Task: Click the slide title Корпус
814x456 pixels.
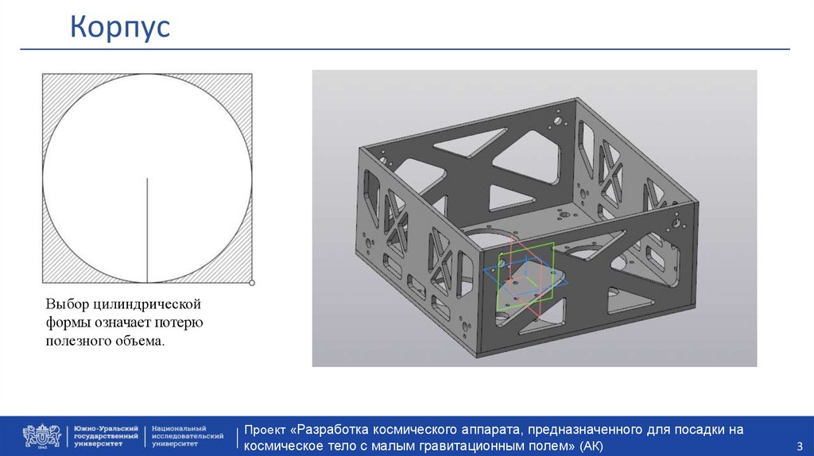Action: point(120,28)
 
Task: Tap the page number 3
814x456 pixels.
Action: point(800,446)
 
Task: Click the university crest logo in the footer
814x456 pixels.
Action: point(41,436)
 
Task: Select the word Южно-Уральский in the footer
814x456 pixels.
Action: point(106,428)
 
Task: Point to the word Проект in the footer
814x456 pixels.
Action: point(265,430)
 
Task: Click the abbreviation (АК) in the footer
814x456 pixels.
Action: point(591,446)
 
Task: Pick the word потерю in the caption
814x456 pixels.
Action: point(179,323)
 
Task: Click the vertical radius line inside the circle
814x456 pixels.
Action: point(147,230)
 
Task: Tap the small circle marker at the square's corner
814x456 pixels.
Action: point(252,283)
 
